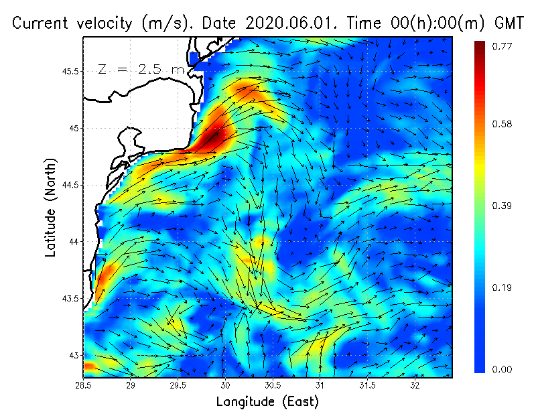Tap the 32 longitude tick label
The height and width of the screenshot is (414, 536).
tap(415, 385)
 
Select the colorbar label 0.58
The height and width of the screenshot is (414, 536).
tap(503, 125)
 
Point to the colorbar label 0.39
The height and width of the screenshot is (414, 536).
tap(503, 206)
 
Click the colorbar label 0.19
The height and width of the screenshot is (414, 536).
tap(503, 288)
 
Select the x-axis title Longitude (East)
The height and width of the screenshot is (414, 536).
tap(267, 401)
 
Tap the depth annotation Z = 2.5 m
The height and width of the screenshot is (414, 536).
tap(141, 69)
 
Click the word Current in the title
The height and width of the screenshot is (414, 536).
tap(42, 23)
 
